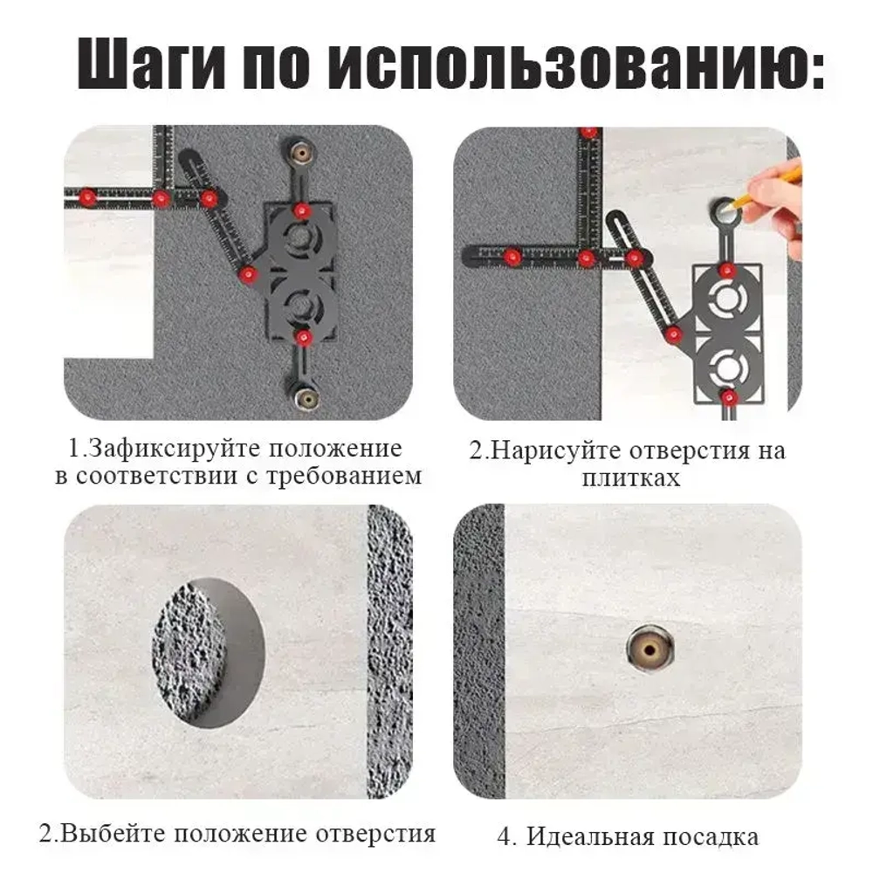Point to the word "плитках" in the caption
631,478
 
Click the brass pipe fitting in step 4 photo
650,648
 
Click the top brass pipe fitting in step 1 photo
302,152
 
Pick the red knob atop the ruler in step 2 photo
590,133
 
